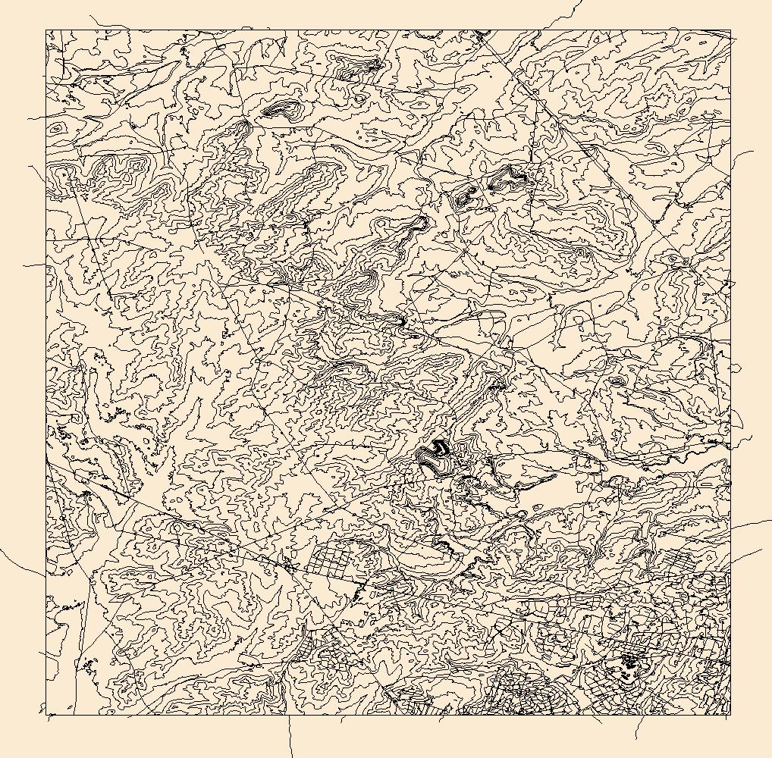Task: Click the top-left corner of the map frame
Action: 46,30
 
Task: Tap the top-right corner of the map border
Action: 730,30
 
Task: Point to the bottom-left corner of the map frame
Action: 46,714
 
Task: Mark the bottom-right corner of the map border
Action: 730,714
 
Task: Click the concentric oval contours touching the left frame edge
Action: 56,129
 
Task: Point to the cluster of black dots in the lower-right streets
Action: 628,662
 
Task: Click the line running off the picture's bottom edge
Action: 290,739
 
